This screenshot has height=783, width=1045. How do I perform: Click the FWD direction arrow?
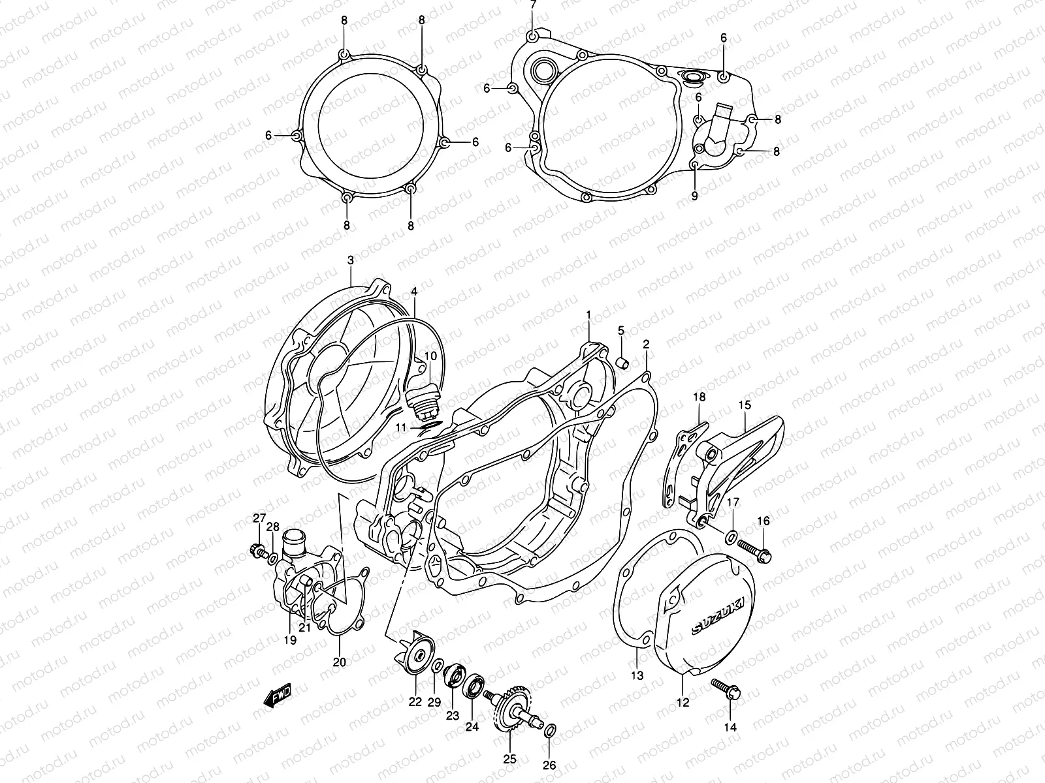click(277, 696)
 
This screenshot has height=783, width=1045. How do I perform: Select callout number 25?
click(509, 759)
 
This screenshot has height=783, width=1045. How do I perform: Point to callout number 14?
click(730, 727)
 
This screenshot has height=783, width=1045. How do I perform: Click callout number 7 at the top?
click(533, 6)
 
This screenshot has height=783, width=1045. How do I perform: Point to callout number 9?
click(694, 195)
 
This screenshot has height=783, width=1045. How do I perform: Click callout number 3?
click(350, 260)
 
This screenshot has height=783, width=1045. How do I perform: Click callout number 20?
click(339, 662)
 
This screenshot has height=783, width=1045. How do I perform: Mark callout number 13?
click(637, 676)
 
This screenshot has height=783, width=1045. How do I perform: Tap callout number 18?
click(698, 397)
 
